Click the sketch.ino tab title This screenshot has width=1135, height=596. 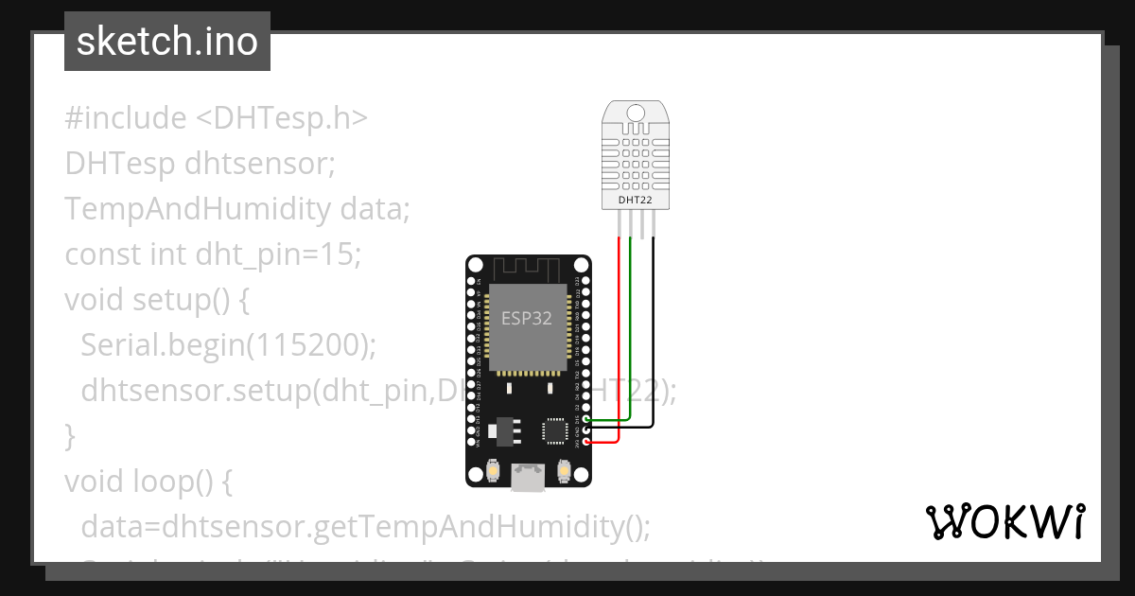click(167, 42)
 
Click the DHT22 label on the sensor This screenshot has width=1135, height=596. click(636, 201)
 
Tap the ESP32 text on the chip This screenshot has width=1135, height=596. click(527, 319)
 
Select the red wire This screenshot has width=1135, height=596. click(620, 341)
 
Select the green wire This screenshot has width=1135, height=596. click(631, 331)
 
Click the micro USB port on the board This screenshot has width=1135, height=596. click(528, 478)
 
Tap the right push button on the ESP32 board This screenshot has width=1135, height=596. click(565, 469)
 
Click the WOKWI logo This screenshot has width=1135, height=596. click(1004, 521)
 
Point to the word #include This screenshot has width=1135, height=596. click(126, 118)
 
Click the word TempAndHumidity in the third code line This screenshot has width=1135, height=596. click(198, 208)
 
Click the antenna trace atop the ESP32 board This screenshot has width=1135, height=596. click(528, 268)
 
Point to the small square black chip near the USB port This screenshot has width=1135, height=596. click(554, 430)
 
